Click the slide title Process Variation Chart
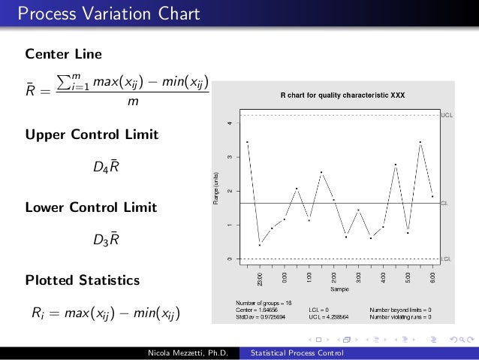[109, 14]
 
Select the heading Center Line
[64, 55]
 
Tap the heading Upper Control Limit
[92, 135]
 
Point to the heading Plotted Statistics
[83, 280]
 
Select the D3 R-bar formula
[105, 240]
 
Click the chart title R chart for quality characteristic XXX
[342, 95]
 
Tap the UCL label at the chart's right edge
[446, 115]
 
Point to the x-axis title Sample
[340, 289]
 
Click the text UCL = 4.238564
[328, 316]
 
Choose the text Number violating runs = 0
[400, 316]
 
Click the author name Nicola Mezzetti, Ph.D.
[192, 352]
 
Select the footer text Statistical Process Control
[297, 352]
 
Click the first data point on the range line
[247, 141]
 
